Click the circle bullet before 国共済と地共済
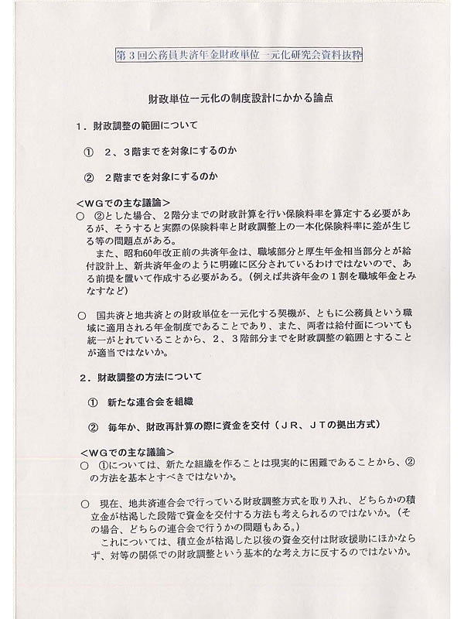pyautogui.click(x=83, y=316)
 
